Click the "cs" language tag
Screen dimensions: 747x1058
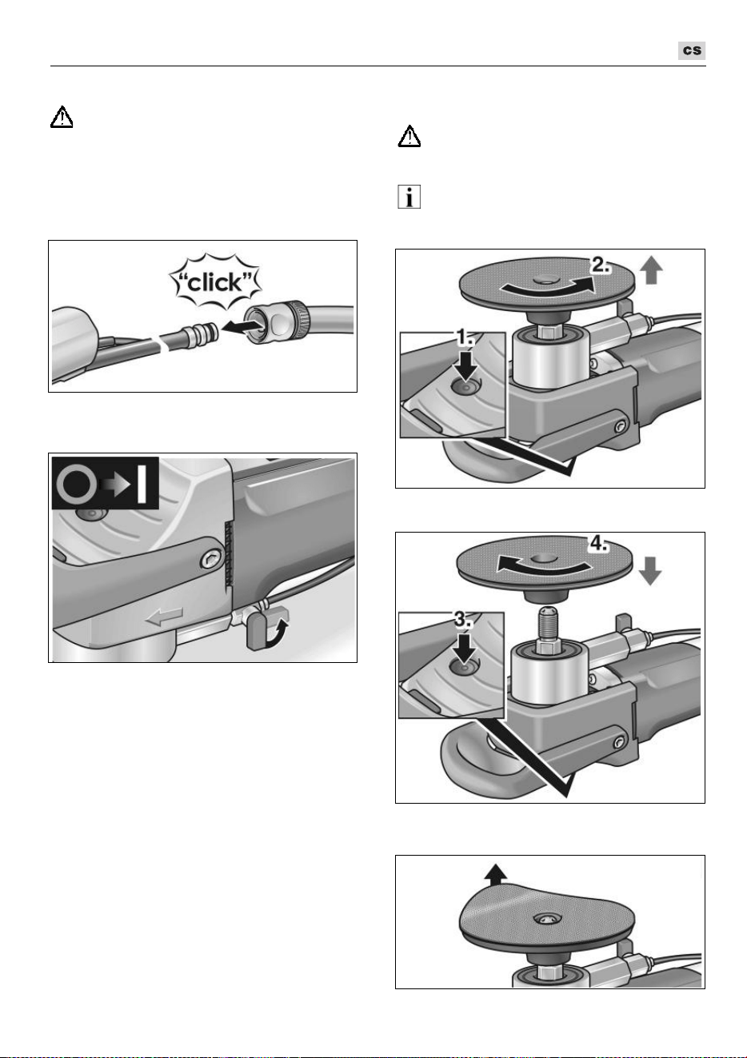coord(691,50)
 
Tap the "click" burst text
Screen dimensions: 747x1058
coord(215,282)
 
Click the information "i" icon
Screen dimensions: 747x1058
coord(409,197)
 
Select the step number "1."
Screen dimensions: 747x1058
coord(465,337)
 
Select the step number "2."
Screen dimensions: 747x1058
coord(601,265)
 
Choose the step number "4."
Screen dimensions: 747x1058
coord(598,544)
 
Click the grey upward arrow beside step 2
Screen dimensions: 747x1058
coord(650,270)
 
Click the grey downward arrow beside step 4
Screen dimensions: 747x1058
coord(649,571)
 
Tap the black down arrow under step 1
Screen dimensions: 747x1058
coord(465,364)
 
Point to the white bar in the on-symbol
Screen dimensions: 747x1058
coord(141,482)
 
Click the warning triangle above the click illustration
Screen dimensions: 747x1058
coord(62,117)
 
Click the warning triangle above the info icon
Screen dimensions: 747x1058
coord(409,136)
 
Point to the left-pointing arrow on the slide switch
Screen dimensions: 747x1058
coord(164,617)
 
